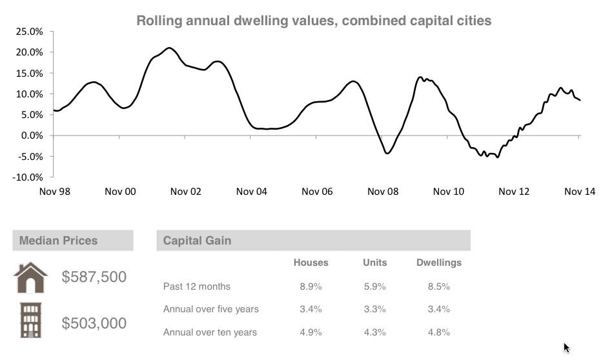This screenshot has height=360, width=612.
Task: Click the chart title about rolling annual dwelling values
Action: click(x=314, y=21)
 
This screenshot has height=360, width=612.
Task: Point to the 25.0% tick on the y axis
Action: click(x=29, y=32)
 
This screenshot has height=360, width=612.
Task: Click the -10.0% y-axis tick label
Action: click(x=27, y=177)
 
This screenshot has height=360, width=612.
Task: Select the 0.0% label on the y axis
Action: click(x=31, y=135)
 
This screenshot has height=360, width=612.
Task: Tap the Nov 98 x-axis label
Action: click(x=54, y=192)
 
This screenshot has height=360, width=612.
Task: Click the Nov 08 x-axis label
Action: click(x=383, y=192)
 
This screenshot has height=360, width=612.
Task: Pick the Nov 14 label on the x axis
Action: click(x=580, y=192)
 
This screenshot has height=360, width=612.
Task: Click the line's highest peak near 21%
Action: click(x=169, y=48)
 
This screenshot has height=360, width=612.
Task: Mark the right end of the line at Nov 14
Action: click(x=580, y=100)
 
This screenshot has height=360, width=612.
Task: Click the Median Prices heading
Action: click(x=59, y=241)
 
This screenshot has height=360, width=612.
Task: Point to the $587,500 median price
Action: click(x=94, y=277)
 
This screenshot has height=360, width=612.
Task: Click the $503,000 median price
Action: click(x=94, y=323)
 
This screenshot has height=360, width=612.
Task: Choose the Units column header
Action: click(x=375, y=263)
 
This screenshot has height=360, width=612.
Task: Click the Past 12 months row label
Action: click(x=197, y=286)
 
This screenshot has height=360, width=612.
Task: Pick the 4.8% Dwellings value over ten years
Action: click(x=439, y=333)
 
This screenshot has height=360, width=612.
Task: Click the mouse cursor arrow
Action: click(x=566, y=347)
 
